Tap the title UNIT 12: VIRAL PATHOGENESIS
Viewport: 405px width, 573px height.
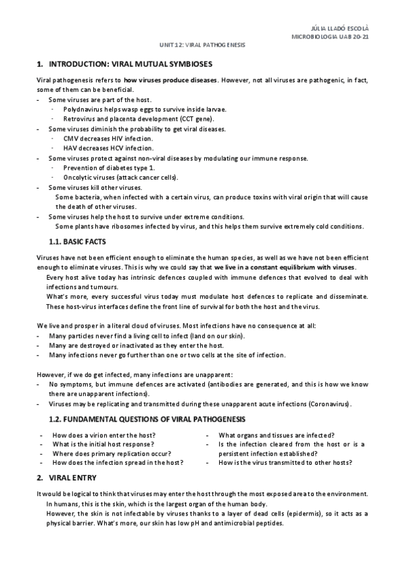(202, 45)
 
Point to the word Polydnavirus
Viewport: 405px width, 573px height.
(82, 109)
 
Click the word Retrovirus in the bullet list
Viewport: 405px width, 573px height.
(79, 118)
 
